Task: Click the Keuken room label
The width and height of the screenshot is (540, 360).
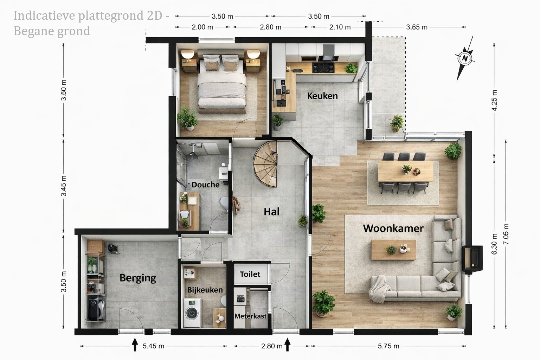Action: pyautogui.click(x=322, y=96)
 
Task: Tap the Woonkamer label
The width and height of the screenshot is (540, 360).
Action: pyautogui.click(x=393, y=229)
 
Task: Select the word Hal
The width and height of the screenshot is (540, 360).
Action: pyautogui.click(x=271, y=212)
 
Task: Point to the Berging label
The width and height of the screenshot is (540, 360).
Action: pyautogui.click(x=138, y=278)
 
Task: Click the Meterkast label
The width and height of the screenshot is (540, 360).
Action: pyautogui.click(x=250, y=316)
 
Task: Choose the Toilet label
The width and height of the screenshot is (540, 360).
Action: pyautogui.click(x=250, y=274)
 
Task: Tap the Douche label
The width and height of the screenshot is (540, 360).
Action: pyautogui.click(x=205, y=185)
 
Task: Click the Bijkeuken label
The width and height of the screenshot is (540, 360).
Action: pyautogui.click(x=205, y=290)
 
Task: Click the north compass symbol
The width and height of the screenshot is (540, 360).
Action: pyautogui.click(x=464, y=59)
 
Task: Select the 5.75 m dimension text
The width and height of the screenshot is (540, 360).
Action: pyautogui.click(x=388, y=346)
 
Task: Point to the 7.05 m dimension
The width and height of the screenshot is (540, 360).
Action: pyautogui.click(x=506, y=234)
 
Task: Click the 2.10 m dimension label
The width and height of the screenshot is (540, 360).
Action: pyautogui.click(x=340, y=27)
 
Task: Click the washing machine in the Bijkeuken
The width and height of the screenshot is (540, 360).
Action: pyautogui.click(x=192, y=313)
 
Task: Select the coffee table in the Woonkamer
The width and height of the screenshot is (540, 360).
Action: pyautogui.click(x=393, y=250)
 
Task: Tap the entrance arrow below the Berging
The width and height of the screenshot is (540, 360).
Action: pyautogui.click(x=135, y=345)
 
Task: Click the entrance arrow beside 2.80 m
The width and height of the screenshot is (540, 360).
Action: pyautogui.click(x=287, y=345)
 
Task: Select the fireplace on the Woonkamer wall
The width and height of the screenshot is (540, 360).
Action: pyautogui.click(x=472, y=258)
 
